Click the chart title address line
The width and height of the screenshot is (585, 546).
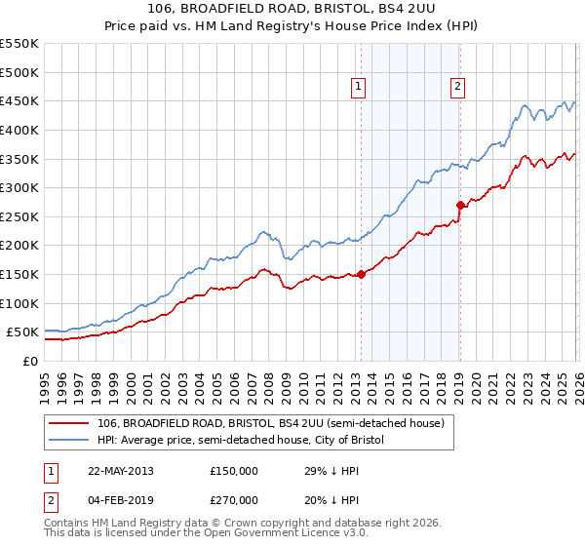click(x=292, y=9)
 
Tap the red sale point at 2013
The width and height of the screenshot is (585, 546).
click(x=361, y=274)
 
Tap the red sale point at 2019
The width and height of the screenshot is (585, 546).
click(x=459, y=205)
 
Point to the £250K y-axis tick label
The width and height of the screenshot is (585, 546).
click(x=19, y=216)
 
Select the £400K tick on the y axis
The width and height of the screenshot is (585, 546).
click(x=19, y=130)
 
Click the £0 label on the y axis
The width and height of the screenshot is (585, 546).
click(x=32, y=361)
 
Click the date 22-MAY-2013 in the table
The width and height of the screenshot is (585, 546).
click(x=120, y=470)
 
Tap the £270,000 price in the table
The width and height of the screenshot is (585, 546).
click(x=234, y=499)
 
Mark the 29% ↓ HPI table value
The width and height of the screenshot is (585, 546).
click(x=331, y=470)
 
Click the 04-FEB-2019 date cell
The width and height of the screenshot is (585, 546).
click(x=120, y=499)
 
